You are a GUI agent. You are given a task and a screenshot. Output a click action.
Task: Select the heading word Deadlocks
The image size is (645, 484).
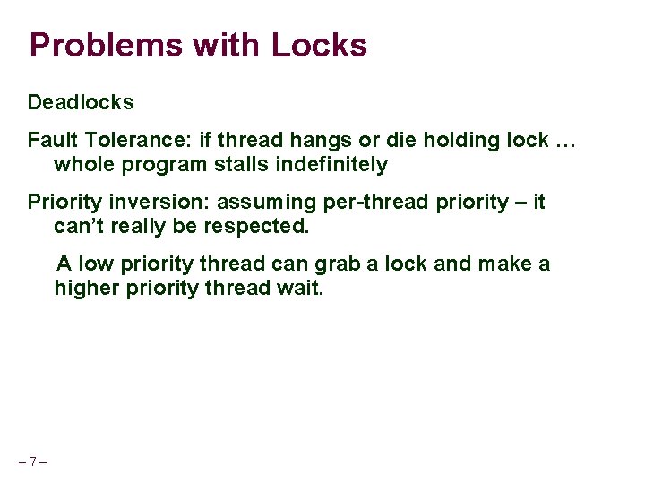[x=81, y=102]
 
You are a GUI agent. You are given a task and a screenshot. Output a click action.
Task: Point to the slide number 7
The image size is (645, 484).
[x=32, y=462]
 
